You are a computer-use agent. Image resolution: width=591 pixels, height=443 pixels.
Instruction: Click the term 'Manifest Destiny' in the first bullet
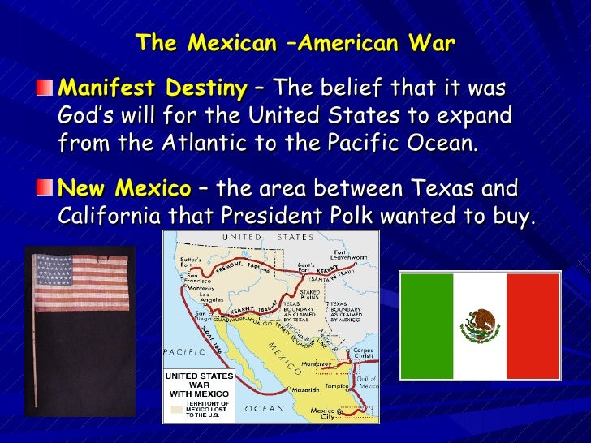click(x=124, y=87)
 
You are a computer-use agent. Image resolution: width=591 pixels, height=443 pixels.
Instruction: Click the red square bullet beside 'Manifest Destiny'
click(x=51, y=87)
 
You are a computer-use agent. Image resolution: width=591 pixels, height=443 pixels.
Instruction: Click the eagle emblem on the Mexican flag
click(x=479, y=325)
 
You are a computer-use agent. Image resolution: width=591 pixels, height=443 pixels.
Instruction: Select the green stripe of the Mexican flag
click(x=425, y=325)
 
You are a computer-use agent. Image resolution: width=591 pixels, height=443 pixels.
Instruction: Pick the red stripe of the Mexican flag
click(x=533, y=325)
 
